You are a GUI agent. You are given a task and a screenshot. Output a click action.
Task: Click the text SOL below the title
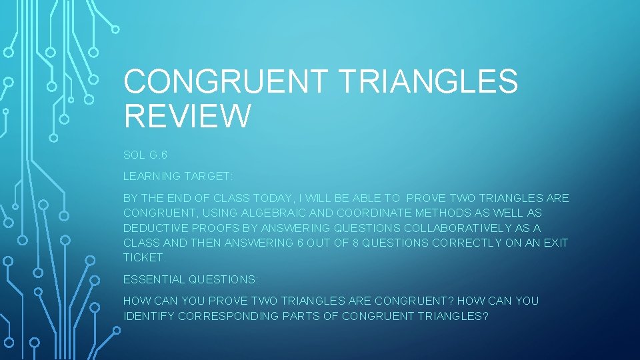click(133, 154)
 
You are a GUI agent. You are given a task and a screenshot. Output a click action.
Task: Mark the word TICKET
click(144, 257)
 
